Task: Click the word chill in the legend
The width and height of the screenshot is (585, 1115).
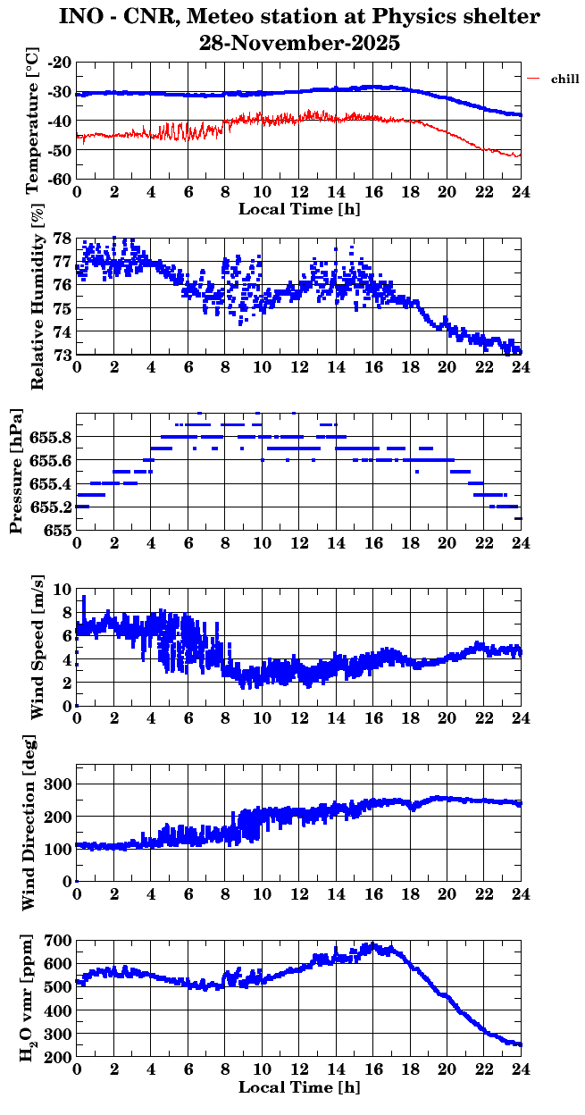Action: pyautogui.click(x=564, y=80)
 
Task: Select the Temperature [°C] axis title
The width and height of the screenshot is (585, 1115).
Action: pyautogui.click(x=34, y=121)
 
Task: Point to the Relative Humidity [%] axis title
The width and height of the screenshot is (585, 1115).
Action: pyautogui.click(x=38, y=298)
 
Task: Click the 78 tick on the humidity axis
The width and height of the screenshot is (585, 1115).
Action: pyautogui.click(x=63, y=239)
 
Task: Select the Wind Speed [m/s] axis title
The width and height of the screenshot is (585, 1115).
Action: pyautogui.click(x=38, y=647)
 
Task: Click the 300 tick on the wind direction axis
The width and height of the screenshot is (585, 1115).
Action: pyautogui.click(x=58, y=784)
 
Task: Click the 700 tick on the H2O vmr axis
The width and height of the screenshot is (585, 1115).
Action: pyautogui.click(x=58, y=942)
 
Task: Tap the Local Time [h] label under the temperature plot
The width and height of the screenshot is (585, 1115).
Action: pyautogui.click(x=299, y=209)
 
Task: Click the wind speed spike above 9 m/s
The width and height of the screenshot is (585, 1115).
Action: pyautogui.click(x=84, y=598)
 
